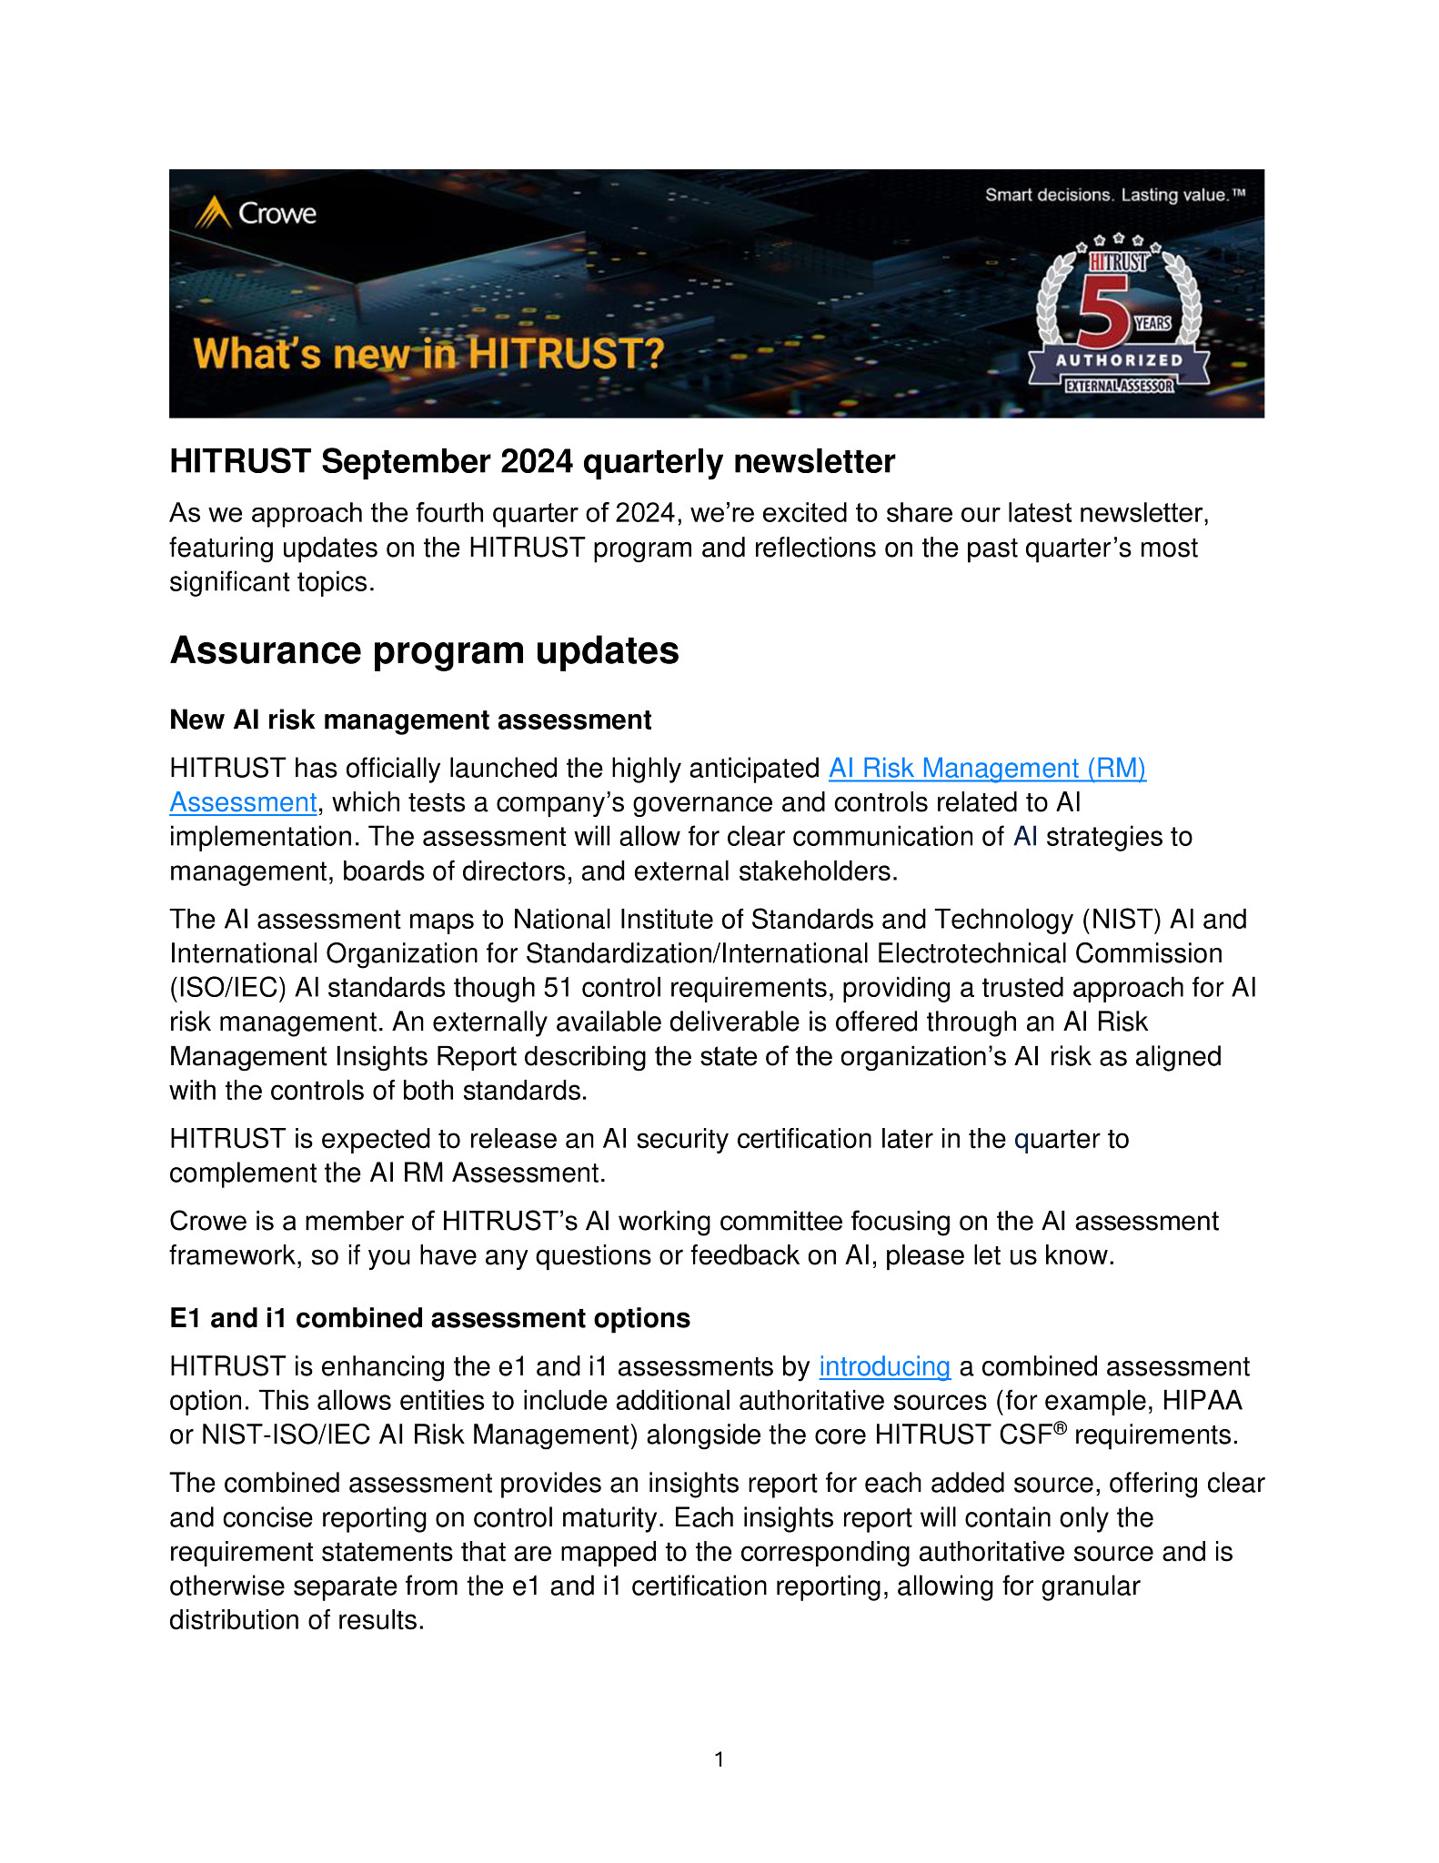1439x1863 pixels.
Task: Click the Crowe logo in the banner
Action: (x=256, y=214)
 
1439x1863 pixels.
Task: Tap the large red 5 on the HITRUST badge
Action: (x=1103, y=312)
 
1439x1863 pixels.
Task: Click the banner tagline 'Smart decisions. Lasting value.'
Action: (x=1114, y=195)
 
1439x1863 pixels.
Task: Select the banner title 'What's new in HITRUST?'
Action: (x=428, y=354)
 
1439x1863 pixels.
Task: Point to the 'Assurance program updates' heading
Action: (x=424, y=651)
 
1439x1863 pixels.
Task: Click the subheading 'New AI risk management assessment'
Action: (x=410, y=720)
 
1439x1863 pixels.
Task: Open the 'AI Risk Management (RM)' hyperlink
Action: (x=986, y=769)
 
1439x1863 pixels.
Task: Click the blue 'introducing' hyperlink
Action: (x=884, y=1367)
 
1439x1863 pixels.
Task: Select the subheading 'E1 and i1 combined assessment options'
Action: (x=429, y=1319)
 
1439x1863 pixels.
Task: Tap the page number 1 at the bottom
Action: (x=719, y=1759)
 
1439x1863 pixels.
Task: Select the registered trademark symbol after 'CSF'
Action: (x=1060, y=1428)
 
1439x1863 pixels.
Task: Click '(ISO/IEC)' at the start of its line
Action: (x=227, y=989)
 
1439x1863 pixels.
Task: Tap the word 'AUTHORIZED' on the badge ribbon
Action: (x=1119, y=360)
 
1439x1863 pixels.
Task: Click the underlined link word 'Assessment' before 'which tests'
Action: (x=243, y=803)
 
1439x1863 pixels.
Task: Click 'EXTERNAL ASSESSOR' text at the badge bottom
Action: (x=1119, y=386)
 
